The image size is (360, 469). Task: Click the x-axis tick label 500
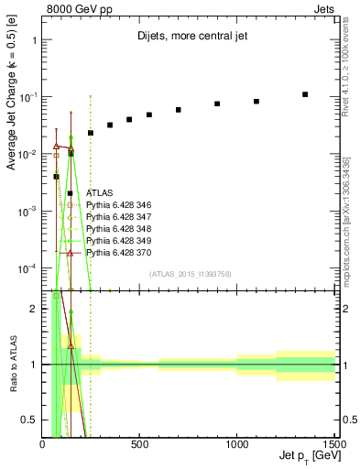coord(139,443)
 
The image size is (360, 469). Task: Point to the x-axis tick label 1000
coord(236,443)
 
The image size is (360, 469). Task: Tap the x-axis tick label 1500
coord(333,443)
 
